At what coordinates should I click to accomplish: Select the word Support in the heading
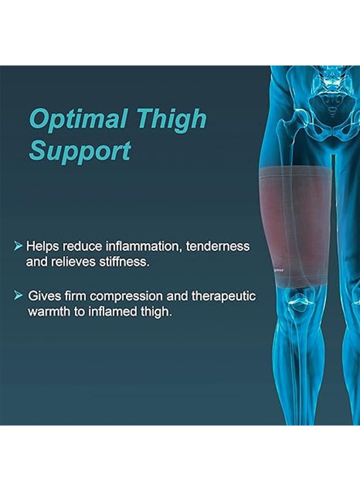pos(80,151)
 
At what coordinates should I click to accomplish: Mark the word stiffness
pos(126,262)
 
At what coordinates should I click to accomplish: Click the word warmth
pos(50,312)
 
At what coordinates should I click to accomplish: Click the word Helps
pos(43,247)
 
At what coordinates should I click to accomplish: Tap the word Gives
pos(42,296)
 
